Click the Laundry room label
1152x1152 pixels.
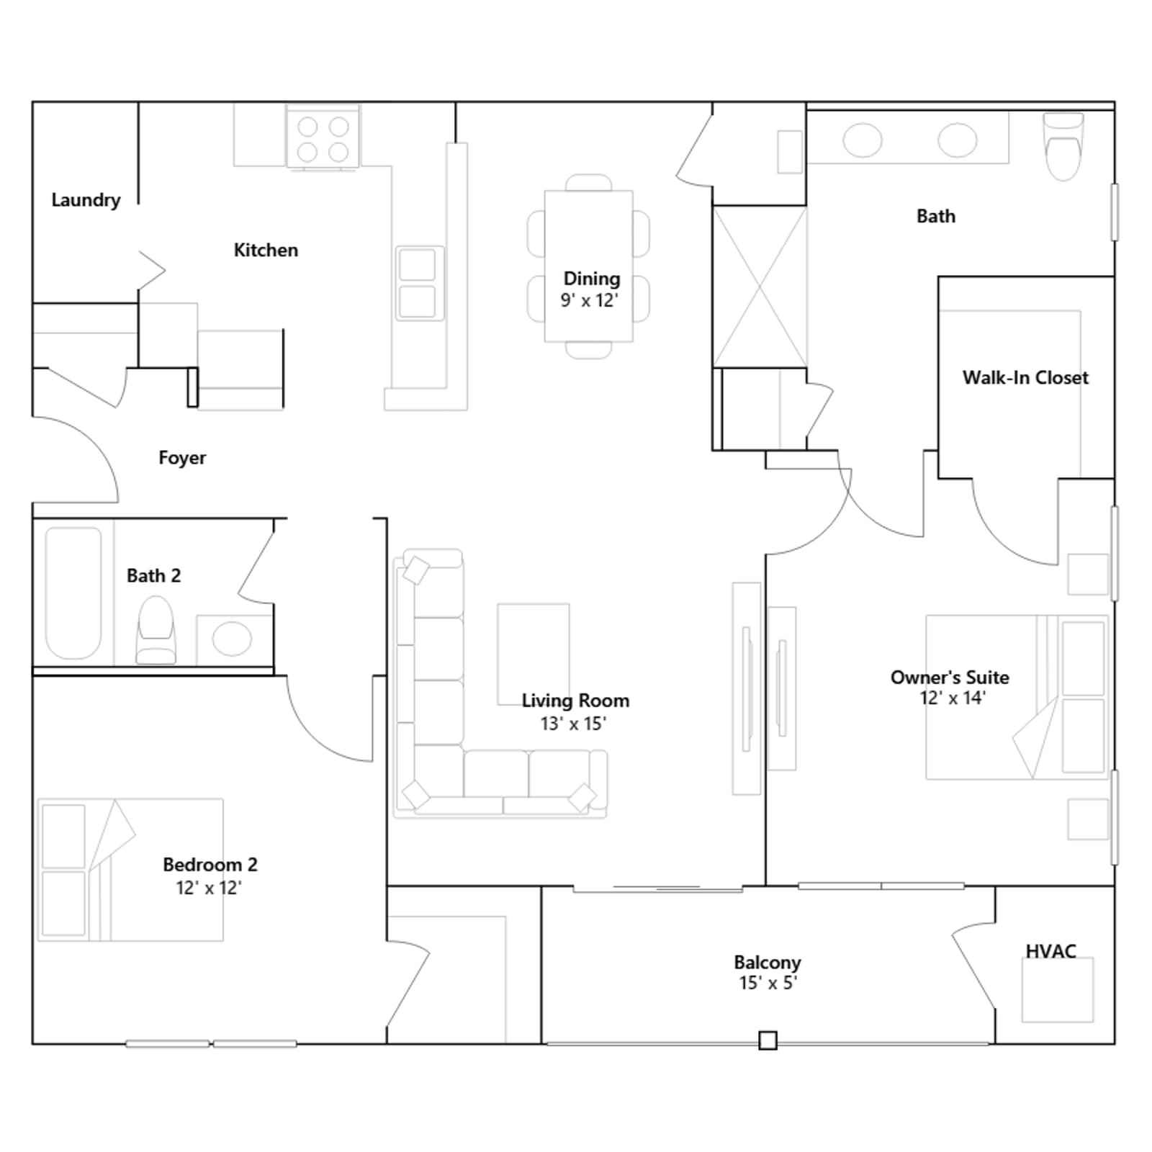(x=86, y=200)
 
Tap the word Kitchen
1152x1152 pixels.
(x=266, y=250)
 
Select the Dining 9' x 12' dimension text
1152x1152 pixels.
(x=590, y=300)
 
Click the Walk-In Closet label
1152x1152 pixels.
(x=1025, y=377)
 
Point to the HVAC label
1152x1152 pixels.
(x=1050, y=951)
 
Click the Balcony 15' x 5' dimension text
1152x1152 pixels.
(x=768, y=983)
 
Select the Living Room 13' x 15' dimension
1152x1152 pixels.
(x=574, y=724)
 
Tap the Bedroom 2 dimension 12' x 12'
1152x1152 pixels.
(x=209, y=888)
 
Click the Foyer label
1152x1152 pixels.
(x=182, y=458)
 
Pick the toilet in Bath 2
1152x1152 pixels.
(x=156, y=630)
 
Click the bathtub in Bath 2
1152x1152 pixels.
(x=73, y=593)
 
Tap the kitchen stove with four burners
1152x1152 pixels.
(x=323, y=138)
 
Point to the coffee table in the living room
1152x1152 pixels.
(x=534, y=654)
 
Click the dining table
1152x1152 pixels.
(x=589, y=266)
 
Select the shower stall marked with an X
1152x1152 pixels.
(x=760, y=287)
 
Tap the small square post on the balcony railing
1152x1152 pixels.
(x=768, y=1040)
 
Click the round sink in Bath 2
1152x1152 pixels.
(x=232, y=639)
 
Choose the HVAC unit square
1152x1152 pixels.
(x=1058, y=989)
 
